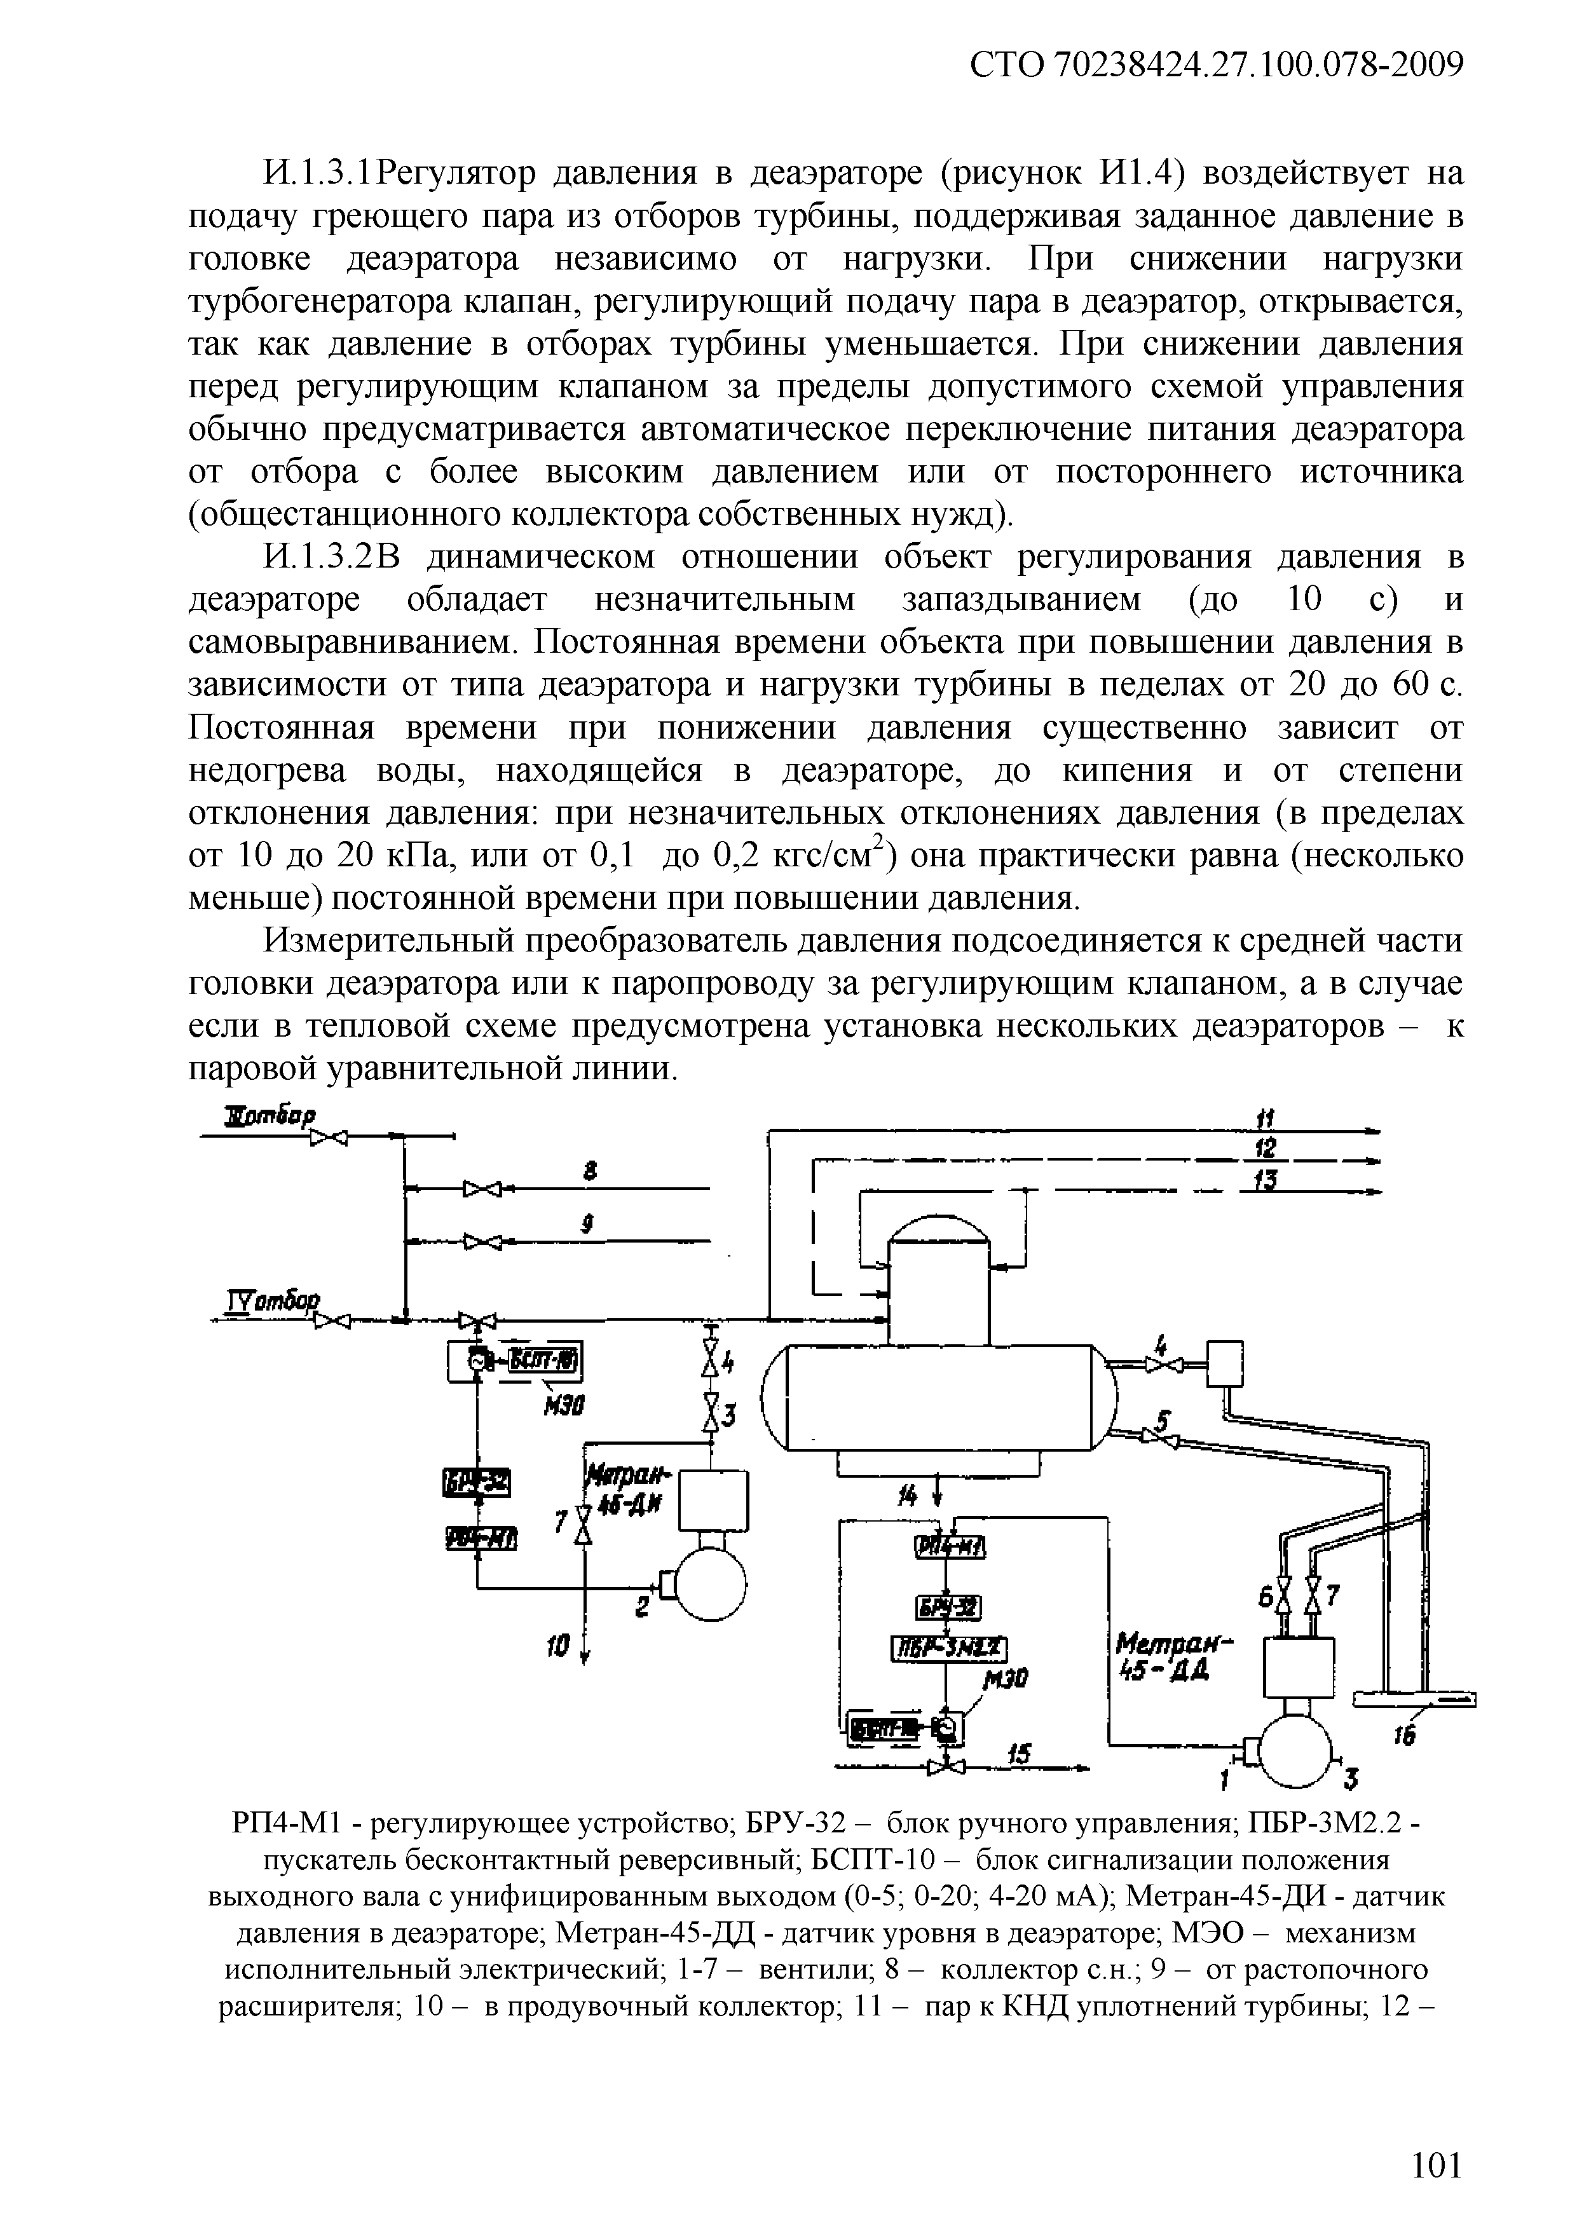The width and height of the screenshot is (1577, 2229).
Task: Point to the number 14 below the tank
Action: pos(907,1498)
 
